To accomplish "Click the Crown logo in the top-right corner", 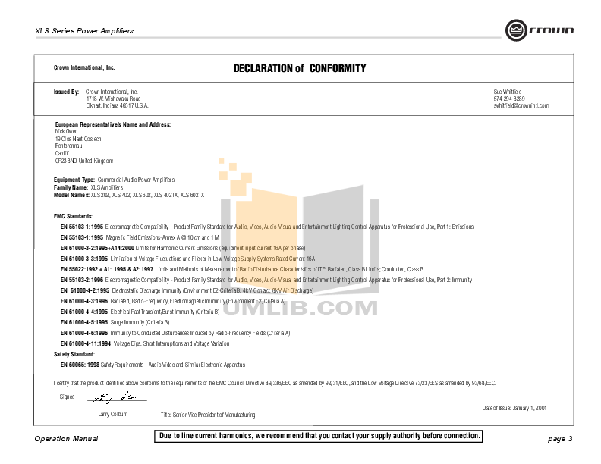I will [540, 30].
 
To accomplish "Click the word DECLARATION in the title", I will [263, 68].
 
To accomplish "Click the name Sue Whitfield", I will [508, 91].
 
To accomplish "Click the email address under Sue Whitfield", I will [521, 105].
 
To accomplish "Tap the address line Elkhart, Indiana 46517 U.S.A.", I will [117, 105].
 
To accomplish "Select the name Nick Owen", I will [67, 130].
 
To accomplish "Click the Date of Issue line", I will [514, 407].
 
